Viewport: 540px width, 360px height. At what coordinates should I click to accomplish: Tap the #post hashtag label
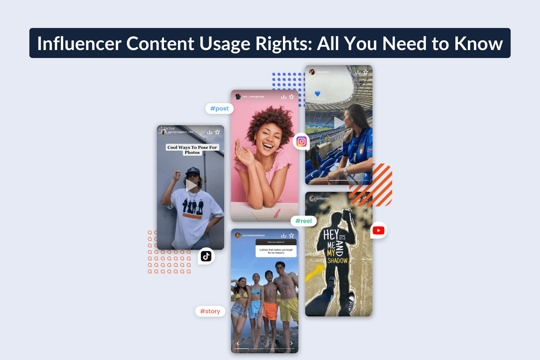coord(219,108)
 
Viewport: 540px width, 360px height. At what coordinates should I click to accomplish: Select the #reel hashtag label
coord(303,221)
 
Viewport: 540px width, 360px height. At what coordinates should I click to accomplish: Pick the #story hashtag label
coord(210,311)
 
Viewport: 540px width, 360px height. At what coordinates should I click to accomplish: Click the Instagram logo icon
coord(301,141)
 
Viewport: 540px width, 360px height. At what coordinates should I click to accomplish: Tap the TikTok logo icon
coord(206,256)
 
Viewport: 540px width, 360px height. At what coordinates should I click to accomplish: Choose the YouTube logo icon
coord(378,230)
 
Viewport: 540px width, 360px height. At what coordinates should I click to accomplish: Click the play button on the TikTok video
coord(191,185)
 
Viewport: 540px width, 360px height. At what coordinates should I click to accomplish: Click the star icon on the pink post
coord(291,96)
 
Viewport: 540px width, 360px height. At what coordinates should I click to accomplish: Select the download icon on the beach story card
coord(283,235)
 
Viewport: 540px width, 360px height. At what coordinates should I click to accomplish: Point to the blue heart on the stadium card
coord(317,93)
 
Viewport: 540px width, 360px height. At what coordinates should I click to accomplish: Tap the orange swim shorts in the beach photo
coord(270,310)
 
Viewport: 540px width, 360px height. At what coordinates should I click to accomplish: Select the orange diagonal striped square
coord(370,185)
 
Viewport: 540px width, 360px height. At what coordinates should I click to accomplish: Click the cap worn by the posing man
coord(192,172)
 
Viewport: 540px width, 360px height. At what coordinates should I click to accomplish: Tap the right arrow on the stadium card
coord(365,175)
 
